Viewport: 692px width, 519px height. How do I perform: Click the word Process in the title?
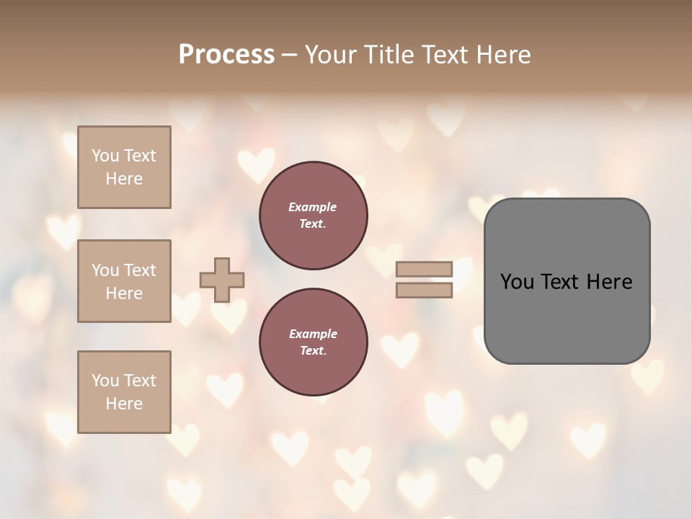(226, 55)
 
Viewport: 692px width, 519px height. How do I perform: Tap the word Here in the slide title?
(503, 55)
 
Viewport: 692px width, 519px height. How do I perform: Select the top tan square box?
(124, 167)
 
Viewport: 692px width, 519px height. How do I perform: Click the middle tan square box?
(124, 281)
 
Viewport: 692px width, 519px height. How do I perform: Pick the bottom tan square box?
(124, 392)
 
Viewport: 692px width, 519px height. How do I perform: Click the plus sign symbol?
(222, 280)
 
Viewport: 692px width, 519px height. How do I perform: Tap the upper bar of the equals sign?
(424, 269)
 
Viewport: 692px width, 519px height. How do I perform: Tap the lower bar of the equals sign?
(424, 290)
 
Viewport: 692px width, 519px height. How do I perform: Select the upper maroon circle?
(314, 216)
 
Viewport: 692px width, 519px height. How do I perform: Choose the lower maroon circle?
(314, 342)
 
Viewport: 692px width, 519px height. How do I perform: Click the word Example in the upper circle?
(313, 208)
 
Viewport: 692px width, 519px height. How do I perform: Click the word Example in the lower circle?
(313, 334)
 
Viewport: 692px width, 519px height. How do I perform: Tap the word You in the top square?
(105, 156)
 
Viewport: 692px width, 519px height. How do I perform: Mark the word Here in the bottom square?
(124, 404)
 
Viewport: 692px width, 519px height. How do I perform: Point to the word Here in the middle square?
(124, 293)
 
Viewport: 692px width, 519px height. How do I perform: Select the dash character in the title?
(289, 56)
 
